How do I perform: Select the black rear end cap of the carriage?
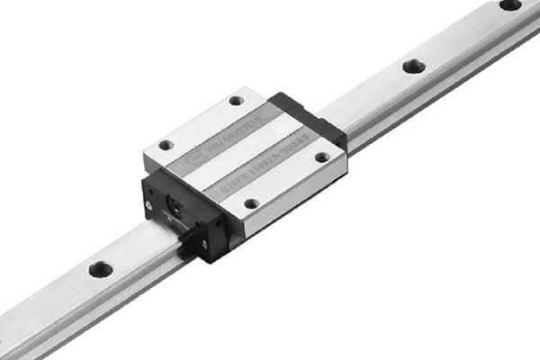[310, 117]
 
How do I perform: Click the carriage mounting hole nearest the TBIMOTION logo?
[166, 144]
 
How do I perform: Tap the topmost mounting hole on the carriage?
[236, 101]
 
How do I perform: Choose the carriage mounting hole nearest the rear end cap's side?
[321, 157]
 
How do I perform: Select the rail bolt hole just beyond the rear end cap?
[414, 66]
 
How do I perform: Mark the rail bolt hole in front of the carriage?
[101, 268]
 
